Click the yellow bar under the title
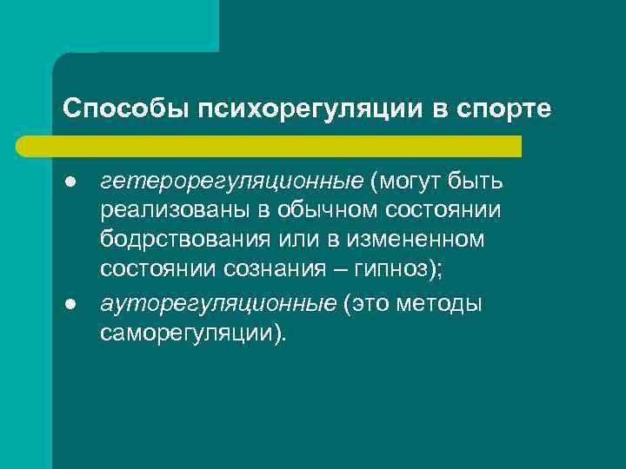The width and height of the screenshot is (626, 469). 287,145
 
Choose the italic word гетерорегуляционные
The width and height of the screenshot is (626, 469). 231,183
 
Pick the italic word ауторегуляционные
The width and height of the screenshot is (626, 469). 218,304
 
